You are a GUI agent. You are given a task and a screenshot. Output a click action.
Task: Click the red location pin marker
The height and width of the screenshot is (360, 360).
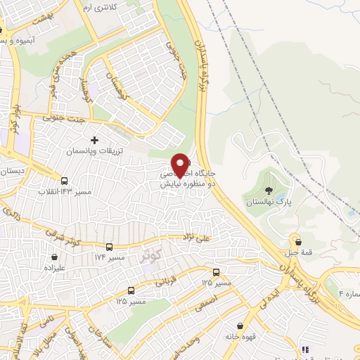180,166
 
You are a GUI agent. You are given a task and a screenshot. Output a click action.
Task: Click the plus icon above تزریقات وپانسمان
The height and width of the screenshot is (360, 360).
94,140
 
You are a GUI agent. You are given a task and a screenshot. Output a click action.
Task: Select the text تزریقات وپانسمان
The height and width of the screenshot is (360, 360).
95,152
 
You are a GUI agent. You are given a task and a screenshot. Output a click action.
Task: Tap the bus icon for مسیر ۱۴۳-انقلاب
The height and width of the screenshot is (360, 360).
65,179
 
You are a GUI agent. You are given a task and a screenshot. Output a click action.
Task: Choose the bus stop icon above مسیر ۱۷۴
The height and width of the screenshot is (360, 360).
109,247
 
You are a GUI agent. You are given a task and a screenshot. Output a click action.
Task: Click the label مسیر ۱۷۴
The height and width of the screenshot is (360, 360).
110,258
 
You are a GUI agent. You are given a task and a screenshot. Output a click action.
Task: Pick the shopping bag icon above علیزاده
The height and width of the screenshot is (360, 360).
54,257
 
